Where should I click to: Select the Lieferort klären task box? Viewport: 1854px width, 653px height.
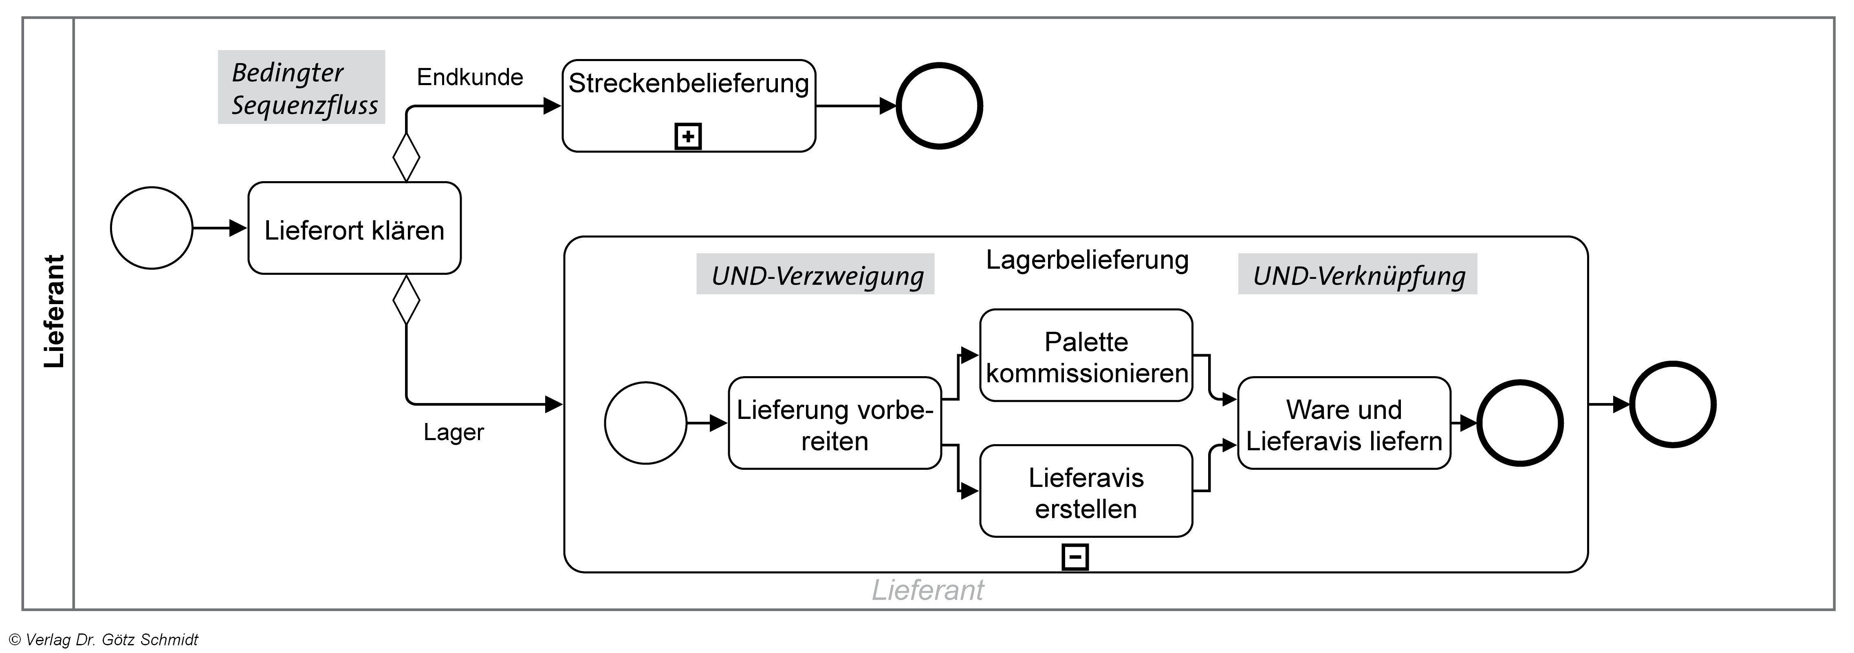click(x=354, y=228)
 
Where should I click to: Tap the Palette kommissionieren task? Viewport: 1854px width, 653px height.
click(x=1086, y=355)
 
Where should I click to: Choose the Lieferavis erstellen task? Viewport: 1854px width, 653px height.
click(x=1086, y=491)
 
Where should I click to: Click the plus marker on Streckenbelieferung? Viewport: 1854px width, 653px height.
click(x=688, y=136)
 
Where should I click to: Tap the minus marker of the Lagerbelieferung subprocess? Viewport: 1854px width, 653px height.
click(x=1075, y=557)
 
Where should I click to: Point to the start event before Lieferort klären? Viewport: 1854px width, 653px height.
click(x=152, y=228)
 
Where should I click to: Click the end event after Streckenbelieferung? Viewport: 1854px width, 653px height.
click(x=939, y=106)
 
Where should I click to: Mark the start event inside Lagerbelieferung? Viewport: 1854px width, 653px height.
click(x=645, y=423)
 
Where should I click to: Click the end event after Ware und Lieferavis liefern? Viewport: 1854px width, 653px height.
click(x=1519, y=423)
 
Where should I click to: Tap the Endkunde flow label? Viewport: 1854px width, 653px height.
click(x=470, y=77)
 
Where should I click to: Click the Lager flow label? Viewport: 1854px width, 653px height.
click(x=454, y=432)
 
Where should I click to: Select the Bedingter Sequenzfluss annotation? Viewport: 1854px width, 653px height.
click(x=302, y=88)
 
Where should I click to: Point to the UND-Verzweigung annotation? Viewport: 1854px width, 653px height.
click(x=815, y=275)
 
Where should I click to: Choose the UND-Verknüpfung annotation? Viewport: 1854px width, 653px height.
click(x=1357, y=275)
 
